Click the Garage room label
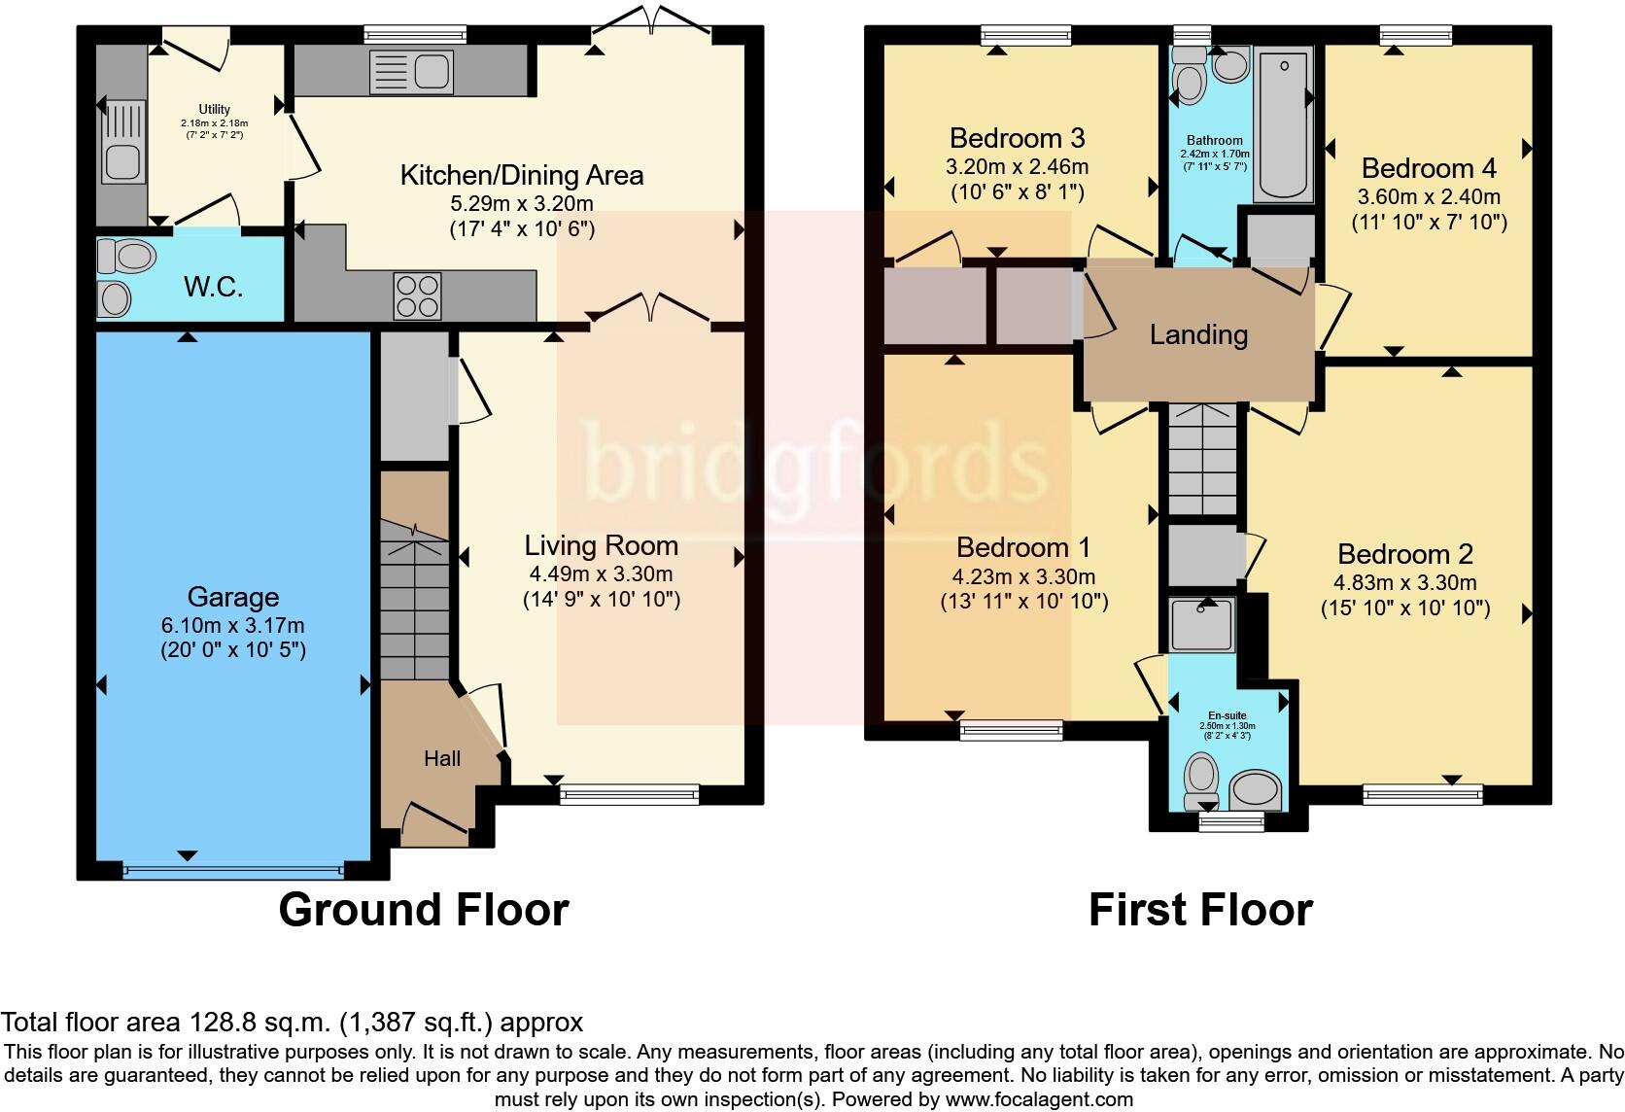coord(233,597)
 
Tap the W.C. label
coord(213,288)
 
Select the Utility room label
coord(214,109)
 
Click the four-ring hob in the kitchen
coord(417,295)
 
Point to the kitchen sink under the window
coord(411,72)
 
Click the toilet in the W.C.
coord(127,256)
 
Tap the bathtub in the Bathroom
coord(1283,124)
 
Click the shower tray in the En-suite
coord(1201,625)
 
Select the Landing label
coord(1198,334)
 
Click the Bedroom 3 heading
coord(1017,137)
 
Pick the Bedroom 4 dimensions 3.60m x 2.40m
coord(1429,196)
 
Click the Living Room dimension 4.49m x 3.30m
coord(601,573)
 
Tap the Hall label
coord(442,759)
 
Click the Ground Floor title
coord(424,910)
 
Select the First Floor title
coord(1200,910)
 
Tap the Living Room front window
coord(630,794)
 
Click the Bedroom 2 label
coord(1405,554)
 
